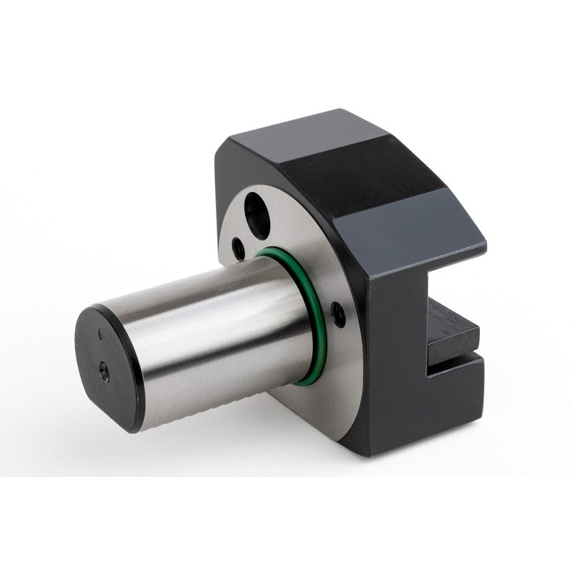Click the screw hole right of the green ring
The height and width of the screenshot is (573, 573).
(338, 314)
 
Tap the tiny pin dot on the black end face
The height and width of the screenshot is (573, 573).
(100, 334)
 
